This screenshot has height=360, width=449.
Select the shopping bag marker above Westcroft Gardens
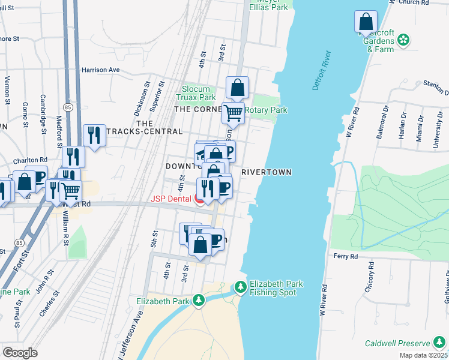(x=366, y=22)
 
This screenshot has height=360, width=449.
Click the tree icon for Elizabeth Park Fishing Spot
(x=240, y=288)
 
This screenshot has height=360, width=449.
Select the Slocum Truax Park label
(x=196, y=93)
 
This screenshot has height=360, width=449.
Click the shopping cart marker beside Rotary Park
(x=233, y=112)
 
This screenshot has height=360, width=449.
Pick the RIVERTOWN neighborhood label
(x=267, y=172)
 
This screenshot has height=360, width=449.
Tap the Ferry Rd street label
(x=346, y=256)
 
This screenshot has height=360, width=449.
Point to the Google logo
(x=20, y=353)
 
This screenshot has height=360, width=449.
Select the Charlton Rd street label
(x=31, y=160)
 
